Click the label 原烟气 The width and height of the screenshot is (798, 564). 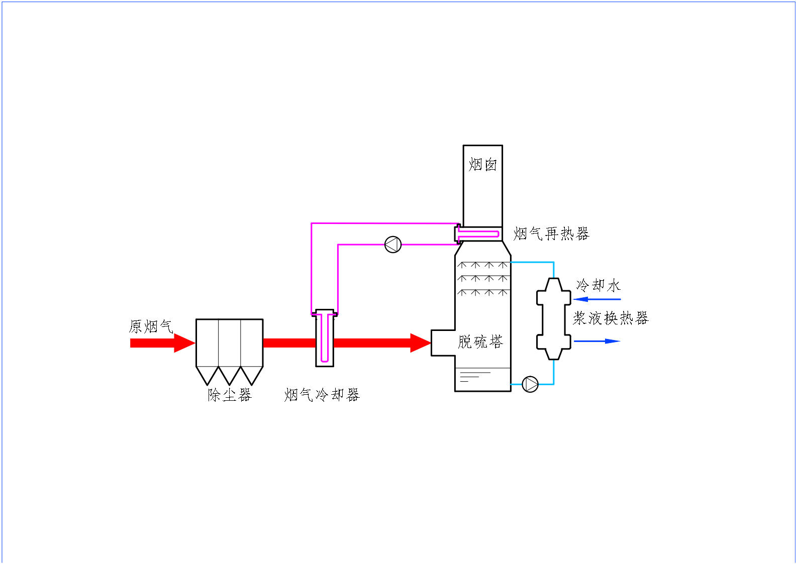click(151, 326)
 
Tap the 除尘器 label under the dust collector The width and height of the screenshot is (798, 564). click(229, 395)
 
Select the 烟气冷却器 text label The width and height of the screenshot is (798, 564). click(322, 395)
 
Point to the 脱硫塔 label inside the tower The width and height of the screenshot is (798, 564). click(480, 342)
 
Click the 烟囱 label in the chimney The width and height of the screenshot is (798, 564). click(482, 164)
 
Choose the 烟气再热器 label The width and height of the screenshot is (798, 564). click(551, 234)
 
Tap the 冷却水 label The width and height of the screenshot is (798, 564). click(598, 285)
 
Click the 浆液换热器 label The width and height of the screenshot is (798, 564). click(611, 318)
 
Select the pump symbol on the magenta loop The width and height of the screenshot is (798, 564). click(393, 245)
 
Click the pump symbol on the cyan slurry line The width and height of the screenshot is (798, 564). click(530, 384)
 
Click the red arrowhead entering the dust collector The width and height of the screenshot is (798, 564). click(184, 343)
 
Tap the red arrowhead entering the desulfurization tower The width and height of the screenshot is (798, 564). click(421, 343)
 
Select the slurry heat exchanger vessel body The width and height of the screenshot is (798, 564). click(553, 319)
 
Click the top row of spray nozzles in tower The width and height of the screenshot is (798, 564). click(482, 265)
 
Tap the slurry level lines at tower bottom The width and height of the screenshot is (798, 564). click(472, 376)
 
